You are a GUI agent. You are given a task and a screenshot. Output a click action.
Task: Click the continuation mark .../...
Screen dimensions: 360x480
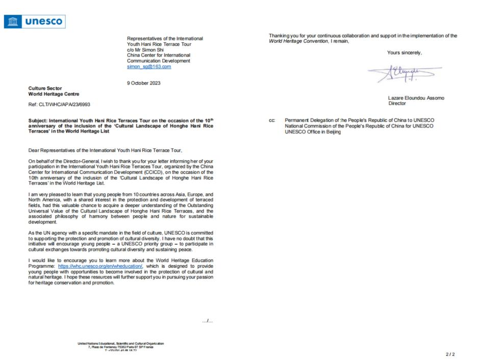click(x=207, y=321)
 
